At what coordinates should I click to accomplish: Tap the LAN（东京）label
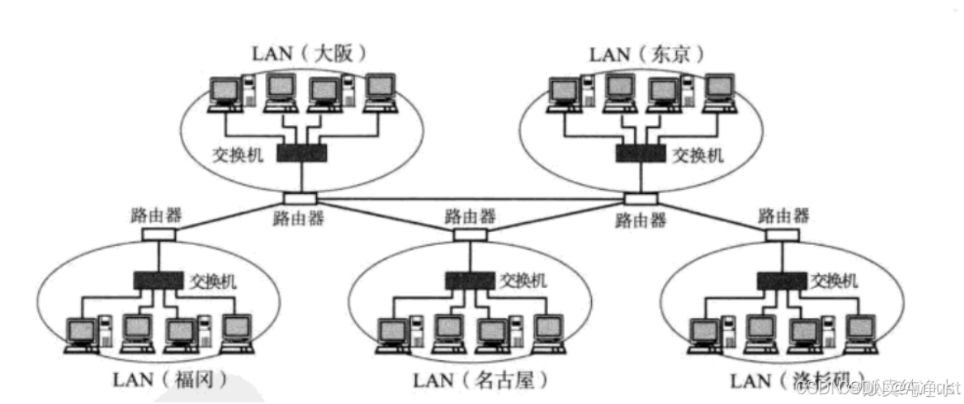pyautogui.click(x=645, y=54)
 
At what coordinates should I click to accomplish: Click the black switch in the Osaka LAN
pyautogui.click(x=302, y=153)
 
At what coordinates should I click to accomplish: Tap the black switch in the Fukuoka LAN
pyautogui.click(x=159, y=281)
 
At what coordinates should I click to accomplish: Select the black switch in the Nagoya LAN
pyautogui.click(x=469, y=281)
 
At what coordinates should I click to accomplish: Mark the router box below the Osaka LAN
pyautogui.click(x=300, y=199)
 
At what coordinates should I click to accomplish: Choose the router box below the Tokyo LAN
pyautogui.click(x=640, y=199)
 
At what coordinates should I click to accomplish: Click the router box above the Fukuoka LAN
pyautogui.click(x=158, y=234)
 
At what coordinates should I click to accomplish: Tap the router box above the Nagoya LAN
pyautogui.click(x=469, y=234)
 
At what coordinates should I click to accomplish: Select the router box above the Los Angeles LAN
pyautogui.click(x=782, y=234)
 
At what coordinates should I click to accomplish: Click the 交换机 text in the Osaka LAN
pyautogui.click(x=239, y=154)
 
